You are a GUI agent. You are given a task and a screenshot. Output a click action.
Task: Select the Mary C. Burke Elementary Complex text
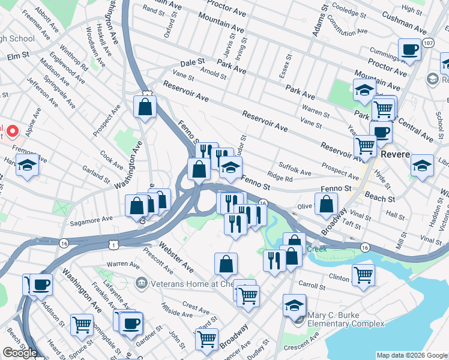[345, 319]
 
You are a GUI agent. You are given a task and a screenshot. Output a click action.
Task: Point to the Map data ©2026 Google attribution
[411, 355]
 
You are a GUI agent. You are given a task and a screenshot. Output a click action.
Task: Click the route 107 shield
[427, 43]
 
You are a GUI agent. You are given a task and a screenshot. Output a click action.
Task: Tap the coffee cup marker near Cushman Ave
[410, 50]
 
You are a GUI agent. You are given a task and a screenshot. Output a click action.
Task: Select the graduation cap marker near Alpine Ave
[27, 164]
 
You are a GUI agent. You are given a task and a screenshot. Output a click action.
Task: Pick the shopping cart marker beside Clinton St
[364, 275]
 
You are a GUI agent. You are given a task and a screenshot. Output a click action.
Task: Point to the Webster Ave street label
[176, 256]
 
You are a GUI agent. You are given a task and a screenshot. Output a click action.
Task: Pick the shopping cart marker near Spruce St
[82, 325]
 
